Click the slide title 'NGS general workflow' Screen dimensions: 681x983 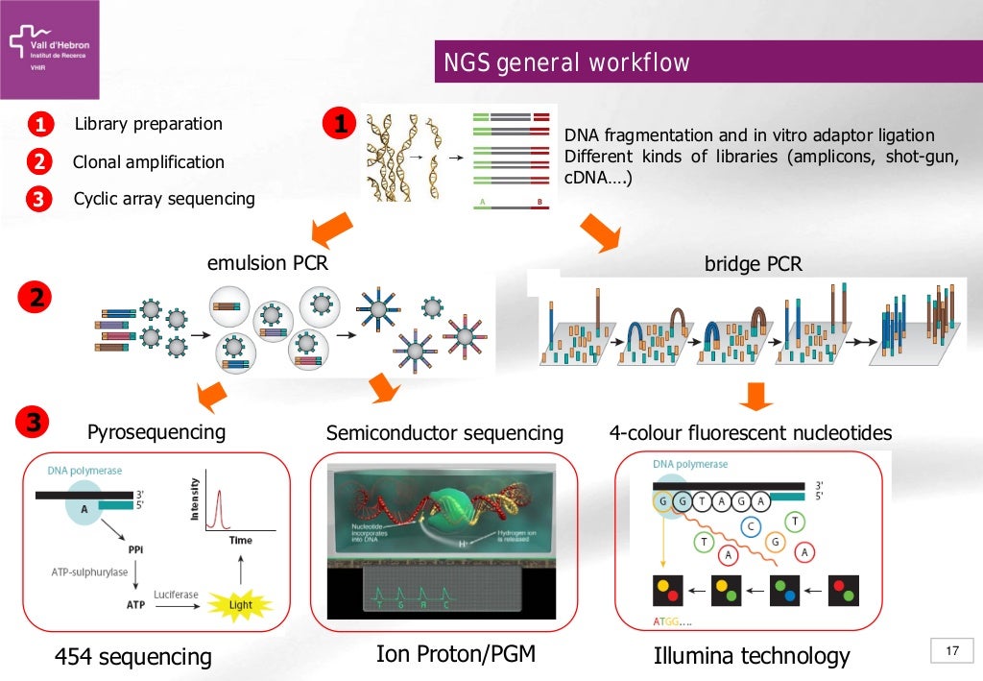(x=565, y=63)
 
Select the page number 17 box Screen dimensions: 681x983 (x=952, y=652)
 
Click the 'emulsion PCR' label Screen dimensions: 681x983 (x=268, y=261)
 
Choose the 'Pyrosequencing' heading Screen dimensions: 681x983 (x=156, y=431)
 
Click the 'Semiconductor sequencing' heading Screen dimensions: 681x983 (x=444, y=433)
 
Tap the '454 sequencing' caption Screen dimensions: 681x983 (x=133, y=657)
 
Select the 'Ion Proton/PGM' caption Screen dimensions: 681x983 (x=455, y=654)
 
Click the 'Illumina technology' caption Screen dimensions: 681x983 (x=752, y=656)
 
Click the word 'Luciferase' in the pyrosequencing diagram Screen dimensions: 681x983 (x=176, y=595)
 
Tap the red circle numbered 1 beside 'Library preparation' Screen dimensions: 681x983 (x=39, y=125)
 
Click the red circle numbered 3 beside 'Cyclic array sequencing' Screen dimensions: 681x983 (x=39, y=200)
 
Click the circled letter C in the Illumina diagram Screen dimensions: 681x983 (x=752, y=525)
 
